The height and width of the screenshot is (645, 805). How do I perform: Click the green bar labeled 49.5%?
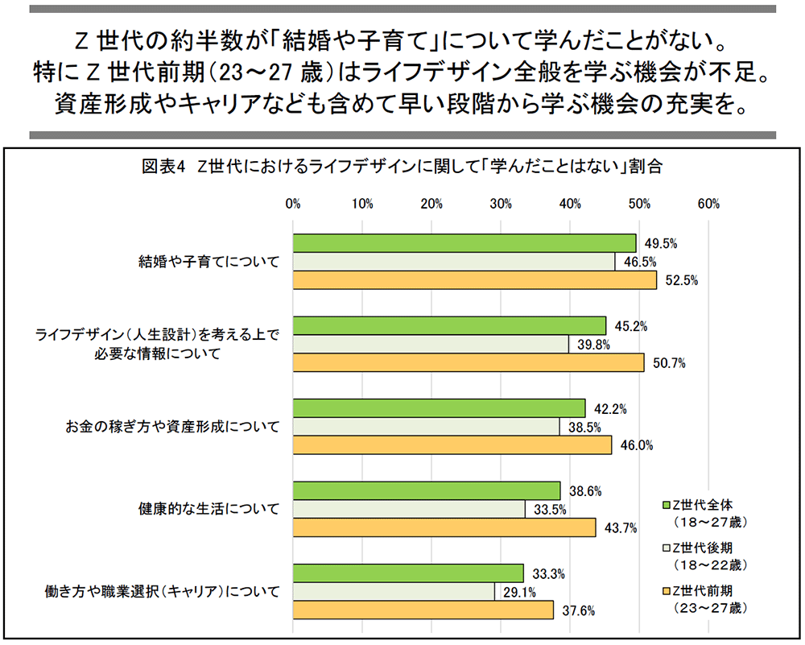click(464, 243)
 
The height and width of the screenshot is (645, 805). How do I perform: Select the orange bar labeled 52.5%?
click(475, 280)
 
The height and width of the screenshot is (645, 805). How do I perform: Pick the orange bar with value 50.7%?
click(469, 363)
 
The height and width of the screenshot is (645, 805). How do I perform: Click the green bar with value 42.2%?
click(439, 408)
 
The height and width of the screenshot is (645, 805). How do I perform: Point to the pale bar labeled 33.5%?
click(409, 509)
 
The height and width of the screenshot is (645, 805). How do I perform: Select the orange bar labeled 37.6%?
click(423, 610)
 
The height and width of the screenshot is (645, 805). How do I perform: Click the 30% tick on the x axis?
click(502, 204)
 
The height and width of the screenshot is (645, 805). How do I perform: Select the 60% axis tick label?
click(709, 204)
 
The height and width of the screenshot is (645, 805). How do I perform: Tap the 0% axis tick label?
click(293, 204)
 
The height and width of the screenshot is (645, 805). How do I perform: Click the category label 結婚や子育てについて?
click(208, 262)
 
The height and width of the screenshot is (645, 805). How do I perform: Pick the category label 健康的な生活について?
click(208, 509)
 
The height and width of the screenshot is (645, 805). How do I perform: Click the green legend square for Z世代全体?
click(666, 505)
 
